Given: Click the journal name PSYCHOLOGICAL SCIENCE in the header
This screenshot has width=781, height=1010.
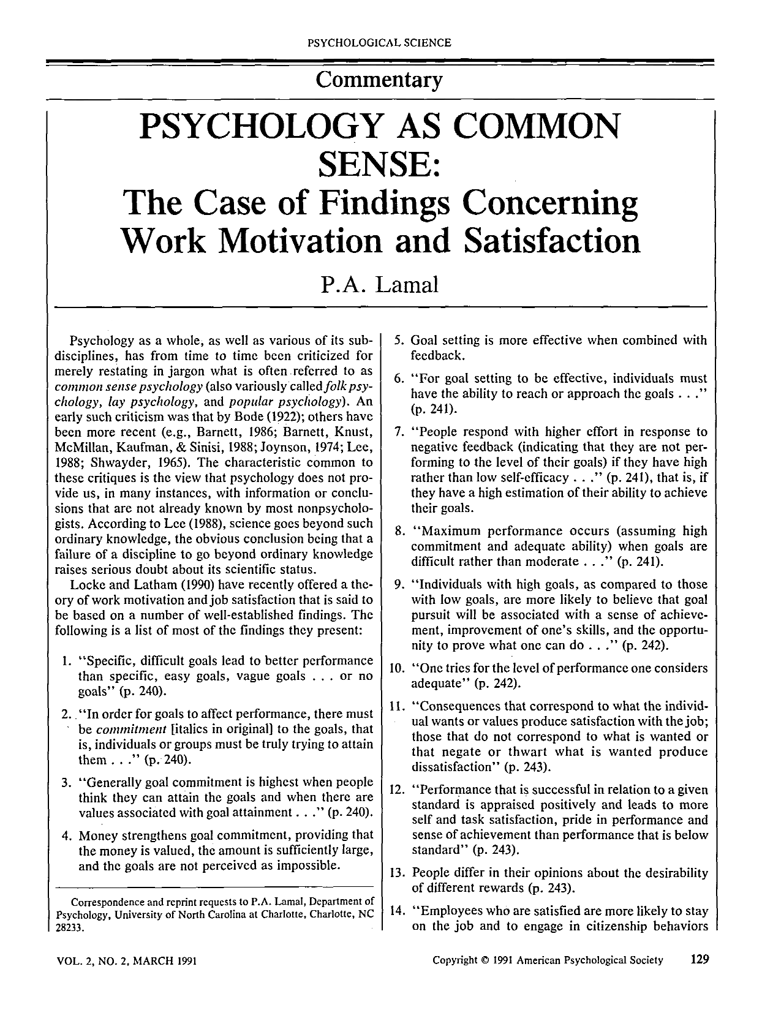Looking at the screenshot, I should click(379, 43).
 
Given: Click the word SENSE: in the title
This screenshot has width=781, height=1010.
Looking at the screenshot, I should click(379, 163).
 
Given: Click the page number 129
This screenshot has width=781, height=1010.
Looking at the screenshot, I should click(698, 959).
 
